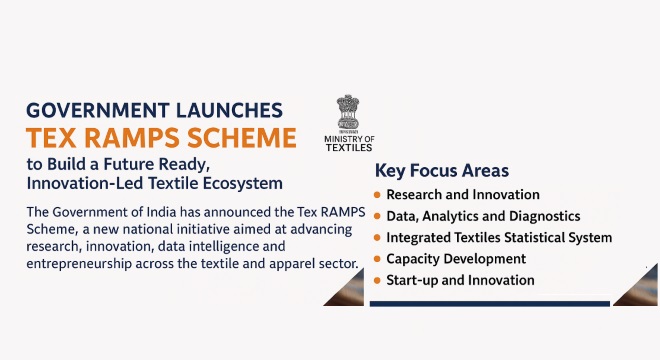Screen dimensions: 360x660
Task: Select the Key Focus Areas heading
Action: (441, 170)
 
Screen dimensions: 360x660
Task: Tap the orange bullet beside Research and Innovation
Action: (376, 195)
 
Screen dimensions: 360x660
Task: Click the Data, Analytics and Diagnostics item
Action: (483, 216)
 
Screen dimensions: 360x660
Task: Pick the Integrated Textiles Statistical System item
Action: (499, 237)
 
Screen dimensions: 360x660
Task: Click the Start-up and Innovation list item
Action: (460, 279)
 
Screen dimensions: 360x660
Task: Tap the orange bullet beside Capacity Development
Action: (376, 258)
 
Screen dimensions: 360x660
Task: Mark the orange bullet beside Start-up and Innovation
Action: (376, 279)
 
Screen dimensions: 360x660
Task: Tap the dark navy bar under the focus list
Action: (489, 303)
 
